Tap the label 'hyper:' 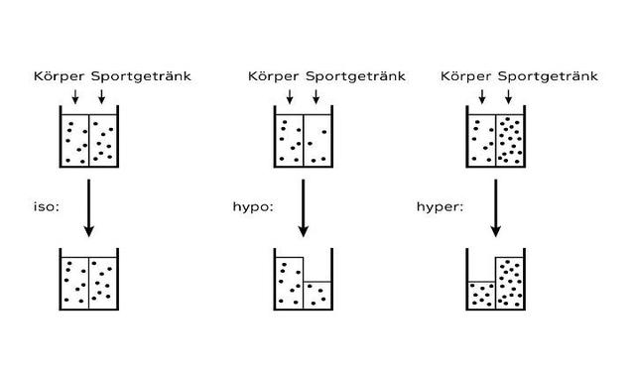point(437,208)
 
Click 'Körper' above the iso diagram point(61,75)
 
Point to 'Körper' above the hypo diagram point(274,75)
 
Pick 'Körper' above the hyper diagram point(466,75)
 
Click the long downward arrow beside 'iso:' point(89,207)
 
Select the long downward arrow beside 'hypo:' point(303,207)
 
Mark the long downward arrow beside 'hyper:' point(496,207)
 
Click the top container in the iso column point(89,138)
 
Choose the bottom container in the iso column point(89,280)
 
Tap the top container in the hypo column point(303,138)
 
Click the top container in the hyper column point(496,138)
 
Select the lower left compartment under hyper point(481,296)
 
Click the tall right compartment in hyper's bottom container point(510,283)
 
